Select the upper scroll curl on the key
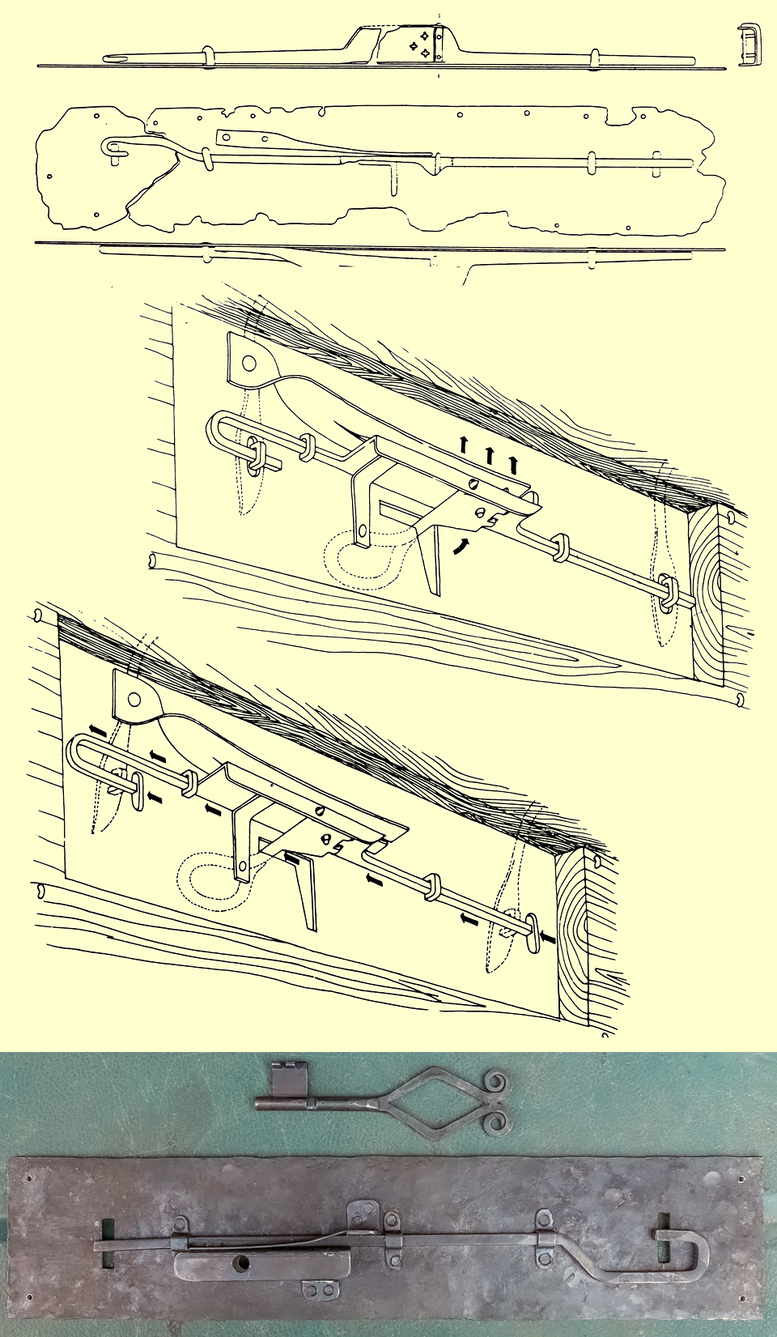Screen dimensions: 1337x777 pyautogui.click(x=497, y=1082)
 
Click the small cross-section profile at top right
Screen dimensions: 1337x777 pyautogui.click(x=749, y=45)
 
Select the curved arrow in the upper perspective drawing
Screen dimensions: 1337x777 pyautogui.click(x=459, y=546)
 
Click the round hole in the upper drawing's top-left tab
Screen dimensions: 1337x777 pyautogui.click(x=248, y=363)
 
